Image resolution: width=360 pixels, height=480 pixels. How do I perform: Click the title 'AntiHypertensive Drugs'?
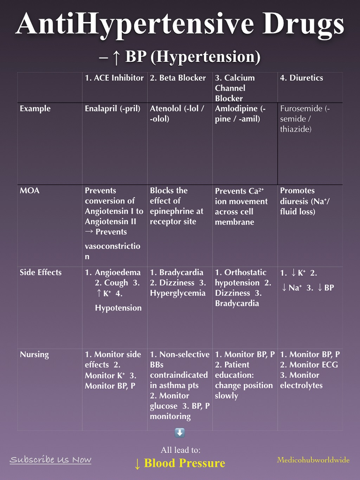click(180, 24)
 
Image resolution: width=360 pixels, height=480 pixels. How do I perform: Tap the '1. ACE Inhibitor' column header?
click(114, 78)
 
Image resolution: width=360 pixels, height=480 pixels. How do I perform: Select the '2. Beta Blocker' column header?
click(178, 78)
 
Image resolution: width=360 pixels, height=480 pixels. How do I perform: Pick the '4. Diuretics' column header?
click(301, 78)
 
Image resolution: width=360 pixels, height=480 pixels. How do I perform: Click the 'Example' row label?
click(35, 108)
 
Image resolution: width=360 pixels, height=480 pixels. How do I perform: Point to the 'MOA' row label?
click(30, 191)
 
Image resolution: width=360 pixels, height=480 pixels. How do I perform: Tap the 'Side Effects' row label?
click(40, 273)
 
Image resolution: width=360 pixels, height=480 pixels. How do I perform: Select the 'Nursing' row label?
click(34, 354)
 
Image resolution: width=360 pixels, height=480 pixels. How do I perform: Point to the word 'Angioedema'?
click(117, 273)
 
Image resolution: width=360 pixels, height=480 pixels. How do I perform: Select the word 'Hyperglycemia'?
click(178, 293)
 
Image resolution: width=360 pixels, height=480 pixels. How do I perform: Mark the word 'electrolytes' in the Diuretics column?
click(301, 385)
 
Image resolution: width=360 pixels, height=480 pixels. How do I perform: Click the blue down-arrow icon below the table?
click(180, 433)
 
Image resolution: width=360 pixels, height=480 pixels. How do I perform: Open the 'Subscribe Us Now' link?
click(50, 460)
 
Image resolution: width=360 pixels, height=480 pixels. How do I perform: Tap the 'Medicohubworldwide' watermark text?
click(313, 460)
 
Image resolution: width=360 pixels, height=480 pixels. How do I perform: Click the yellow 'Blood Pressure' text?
click(185, 463)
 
